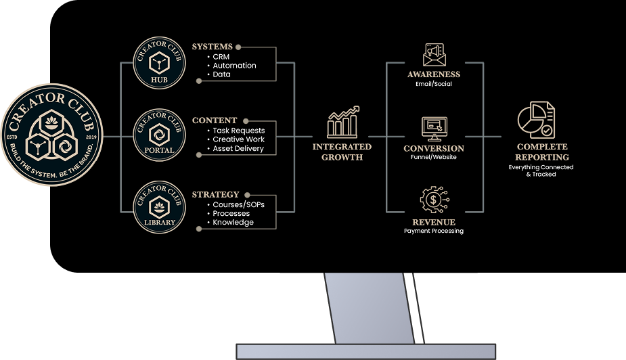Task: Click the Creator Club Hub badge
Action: pyautogui.click(x=159, y=63)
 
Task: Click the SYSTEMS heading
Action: pyautogui.click(x=212, y=47)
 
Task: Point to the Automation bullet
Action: pyautogui.click(x=234, y=66)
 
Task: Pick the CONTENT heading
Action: pyautogui.click(x=215, y=120)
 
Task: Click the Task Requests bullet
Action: pyautogui.click(x=239, y=131)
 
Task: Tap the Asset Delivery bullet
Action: pyautogui.click(x=238, y=148)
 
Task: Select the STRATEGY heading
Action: pyautogui.click(x=215, y=195)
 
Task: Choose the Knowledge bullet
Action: pyautogui.click(x=233, y=222)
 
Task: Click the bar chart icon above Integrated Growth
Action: pyautogui.click(x=342, y=122)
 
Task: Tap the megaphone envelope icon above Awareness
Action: pyautogui.click(x=434, y=55)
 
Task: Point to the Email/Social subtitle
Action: pyautogui.click(x=434, y=84)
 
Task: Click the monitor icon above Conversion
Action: pyautogui.click(x=434, y=128)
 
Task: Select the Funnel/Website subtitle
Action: pyautogui.click(x=434, y=157)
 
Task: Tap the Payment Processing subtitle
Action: pyautogui.click(x=434, y=231)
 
